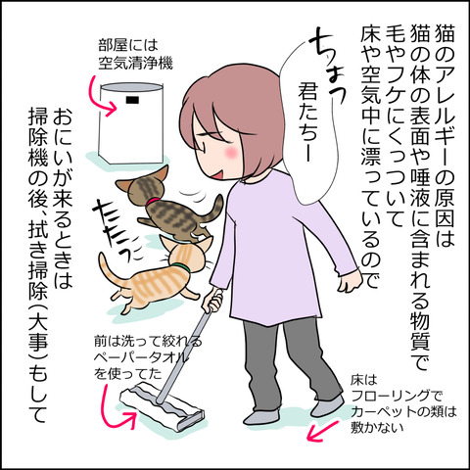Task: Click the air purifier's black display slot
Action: pyautogui.click(x=132, y=99)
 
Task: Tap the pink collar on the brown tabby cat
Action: pyautogui.click(x=153, y=202)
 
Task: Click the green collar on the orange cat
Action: pyautogui.click(x=180, y=267)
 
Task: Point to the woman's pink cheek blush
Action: pyautogui.click(x=230, y=151)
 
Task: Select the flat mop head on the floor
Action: pyautogui.click(x=163, y=407)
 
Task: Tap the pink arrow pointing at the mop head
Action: pyautogui.click(x=115, y=408)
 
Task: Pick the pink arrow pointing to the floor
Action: pyautogui.click(x=322, y=432)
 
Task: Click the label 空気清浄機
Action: pyautogui.click(x=135, y=63)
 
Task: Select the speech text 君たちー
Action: pyautogui.click(x=306, y=123)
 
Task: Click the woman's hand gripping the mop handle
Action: pyautogui.click(x=212, y=302)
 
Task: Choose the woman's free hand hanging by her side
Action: pyautogui.click(x=350, y=281)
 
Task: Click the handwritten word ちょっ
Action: pyautogui.click(x=326, y=69)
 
